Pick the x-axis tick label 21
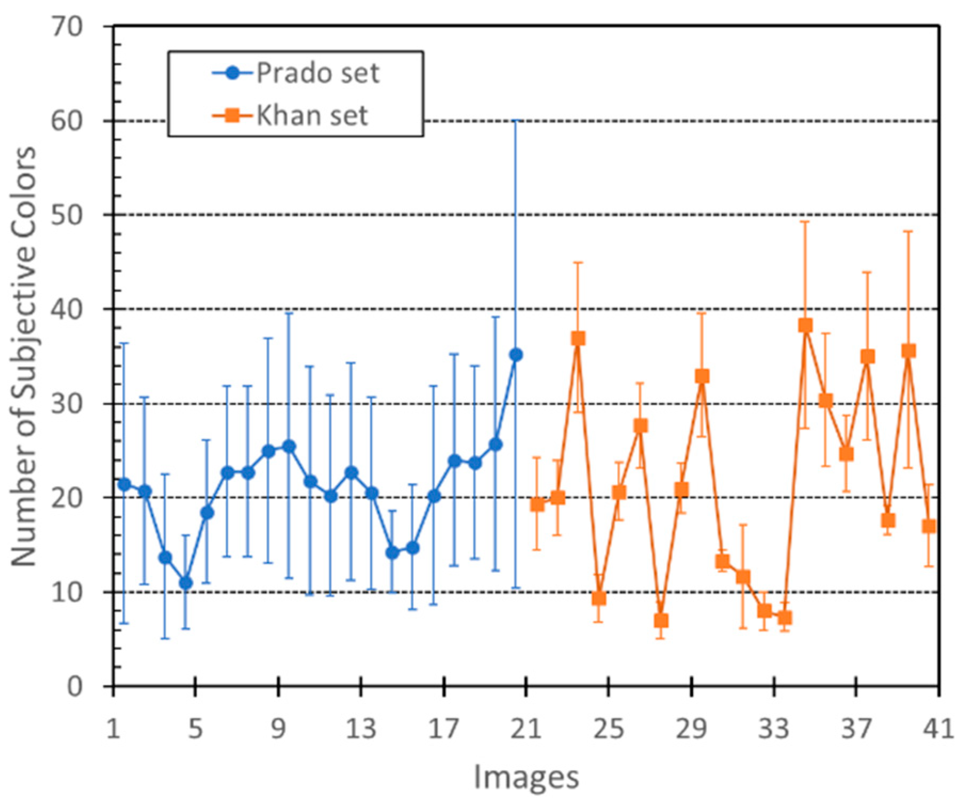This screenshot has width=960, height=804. click(526, 728)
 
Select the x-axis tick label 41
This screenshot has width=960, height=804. click(938, 728)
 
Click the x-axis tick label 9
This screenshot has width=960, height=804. click(278, 728)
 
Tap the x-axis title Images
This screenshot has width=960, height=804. click(526, 777)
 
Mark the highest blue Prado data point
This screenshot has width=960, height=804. click(516, 354)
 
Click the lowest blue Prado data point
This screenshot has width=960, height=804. click(186, 583)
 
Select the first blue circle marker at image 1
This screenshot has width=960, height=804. click(124, 484)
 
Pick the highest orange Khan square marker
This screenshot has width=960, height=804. click(805, 325)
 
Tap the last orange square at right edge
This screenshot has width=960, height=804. click(929, 526)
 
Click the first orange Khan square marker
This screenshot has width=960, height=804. click(537, 505)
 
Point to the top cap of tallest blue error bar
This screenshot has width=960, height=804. click(516, 121)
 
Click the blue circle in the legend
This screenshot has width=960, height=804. click(233, 73)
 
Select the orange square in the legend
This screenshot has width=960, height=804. click(233, 115)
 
